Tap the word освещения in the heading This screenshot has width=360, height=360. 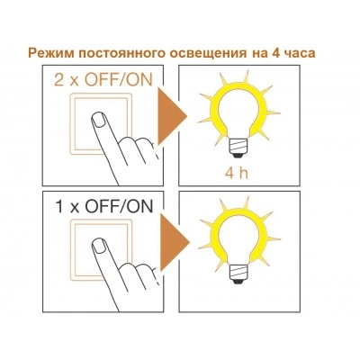point(207,54)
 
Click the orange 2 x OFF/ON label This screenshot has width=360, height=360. point(103,80)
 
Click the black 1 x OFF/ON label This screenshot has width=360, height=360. point(103,206)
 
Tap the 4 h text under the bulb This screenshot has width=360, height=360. point(237,173)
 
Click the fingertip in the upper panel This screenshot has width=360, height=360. point(98,121)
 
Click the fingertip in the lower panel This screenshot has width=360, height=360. point(98,247)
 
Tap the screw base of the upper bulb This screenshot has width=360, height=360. point(238,148)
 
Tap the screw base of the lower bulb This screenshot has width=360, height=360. point(238,274)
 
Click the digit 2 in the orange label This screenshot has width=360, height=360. point(59,80)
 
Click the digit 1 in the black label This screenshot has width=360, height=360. point(59,207)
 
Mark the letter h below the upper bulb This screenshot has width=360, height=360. point(243,173)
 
